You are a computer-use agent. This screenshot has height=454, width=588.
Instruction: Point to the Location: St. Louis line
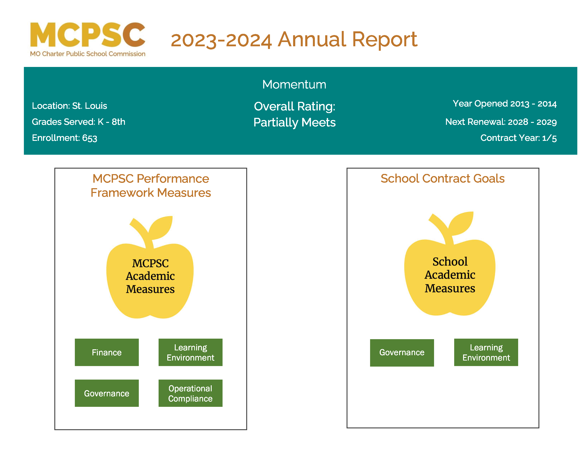pyautogui.click(x=69, y=106)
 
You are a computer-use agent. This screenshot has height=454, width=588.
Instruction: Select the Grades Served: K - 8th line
pyautogui.click(x=79, y=122)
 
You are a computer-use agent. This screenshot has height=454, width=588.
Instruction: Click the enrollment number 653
pyautogui.click(x=90, y=138)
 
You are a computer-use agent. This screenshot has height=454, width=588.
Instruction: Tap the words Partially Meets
pyautogui.click(x=295, y=123)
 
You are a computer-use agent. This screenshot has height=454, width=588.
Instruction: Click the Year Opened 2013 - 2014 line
pyautogui.click(x=505, y=104)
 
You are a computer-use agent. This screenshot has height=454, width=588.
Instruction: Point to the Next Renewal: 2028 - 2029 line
pyautogui.click(x=501, y=122)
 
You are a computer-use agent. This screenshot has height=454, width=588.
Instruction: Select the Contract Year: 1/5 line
pyautogui.click(x=519, y=138)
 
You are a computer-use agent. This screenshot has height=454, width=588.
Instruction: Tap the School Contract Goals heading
pyautogui.click(x=443, y=179)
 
